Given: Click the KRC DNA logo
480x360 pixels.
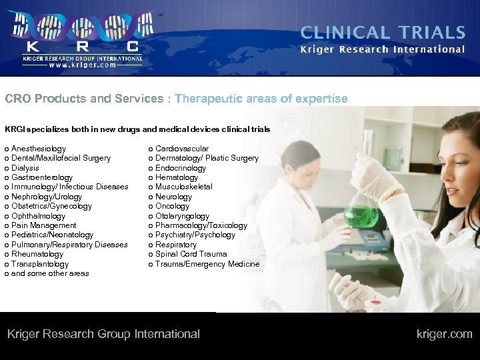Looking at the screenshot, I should (x=80, y=33).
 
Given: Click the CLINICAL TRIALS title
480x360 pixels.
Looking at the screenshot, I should (x=383, y=33).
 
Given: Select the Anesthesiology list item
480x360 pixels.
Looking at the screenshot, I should (x=39, y=149).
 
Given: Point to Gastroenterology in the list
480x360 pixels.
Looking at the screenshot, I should (x=42, y=177).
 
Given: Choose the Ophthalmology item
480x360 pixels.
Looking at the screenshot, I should (x=38, y=216).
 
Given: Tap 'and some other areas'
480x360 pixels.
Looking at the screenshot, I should (x=50, y=273).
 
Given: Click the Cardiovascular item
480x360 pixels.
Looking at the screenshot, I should (x=181, y=149).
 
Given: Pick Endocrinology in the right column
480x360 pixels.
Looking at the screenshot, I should (x=180, y=168).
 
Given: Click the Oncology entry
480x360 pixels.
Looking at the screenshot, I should (x=172, y=206).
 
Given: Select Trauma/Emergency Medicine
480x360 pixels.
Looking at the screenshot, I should (x=207, y=264).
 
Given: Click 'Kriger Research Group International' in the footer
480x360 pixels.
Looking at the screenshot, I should (x=103, y=334).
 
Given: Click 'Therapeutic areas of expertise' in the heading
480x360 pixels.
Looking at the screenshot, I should (x=261, y=99).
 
